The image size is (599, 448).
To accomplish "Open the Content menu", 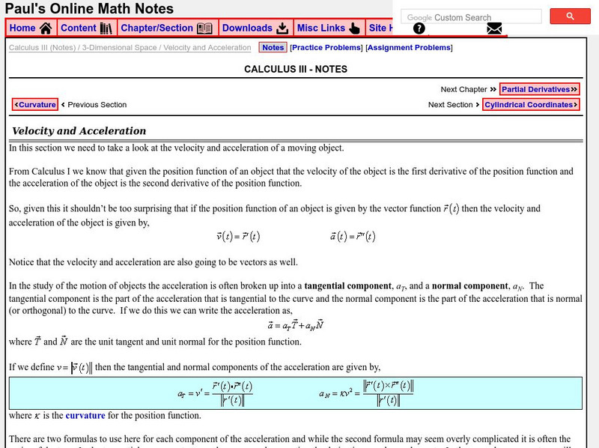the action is click(86, 28).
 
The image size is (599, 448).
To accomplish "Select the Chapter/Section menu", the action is click(166, 28).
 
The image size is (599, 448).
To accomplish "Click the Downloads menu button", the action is click(255, 28).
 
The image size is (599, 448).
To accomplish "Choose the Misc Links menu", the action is click(329, 28).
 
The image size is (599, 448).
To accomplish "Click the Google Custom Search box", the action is click(471, 17).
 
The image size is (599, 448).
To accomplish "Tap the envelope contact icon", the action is click(494, 29).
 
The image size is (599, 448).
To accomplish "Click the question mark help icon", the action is click(419, 29).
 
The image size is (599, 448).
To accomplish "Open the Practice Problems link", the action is click(326, 48).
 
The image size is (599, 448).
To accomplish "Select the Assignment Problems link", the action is click(409, 48).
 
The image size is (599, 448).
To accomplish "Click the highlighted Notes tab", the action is click(273, 48).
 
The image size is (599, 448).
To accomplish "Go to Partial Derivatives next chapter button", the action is click(540, 89).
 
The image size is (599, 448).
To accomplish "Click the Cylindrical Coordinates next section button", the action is click(531, 105).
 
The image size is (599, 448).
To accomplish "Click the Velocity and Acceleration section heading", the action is click(79, 131).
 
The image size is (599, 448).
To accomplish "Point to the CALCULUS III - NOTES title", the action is click(296, 70).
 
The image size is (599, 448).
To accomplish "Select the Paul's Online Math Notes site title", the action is click(90, 9).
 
